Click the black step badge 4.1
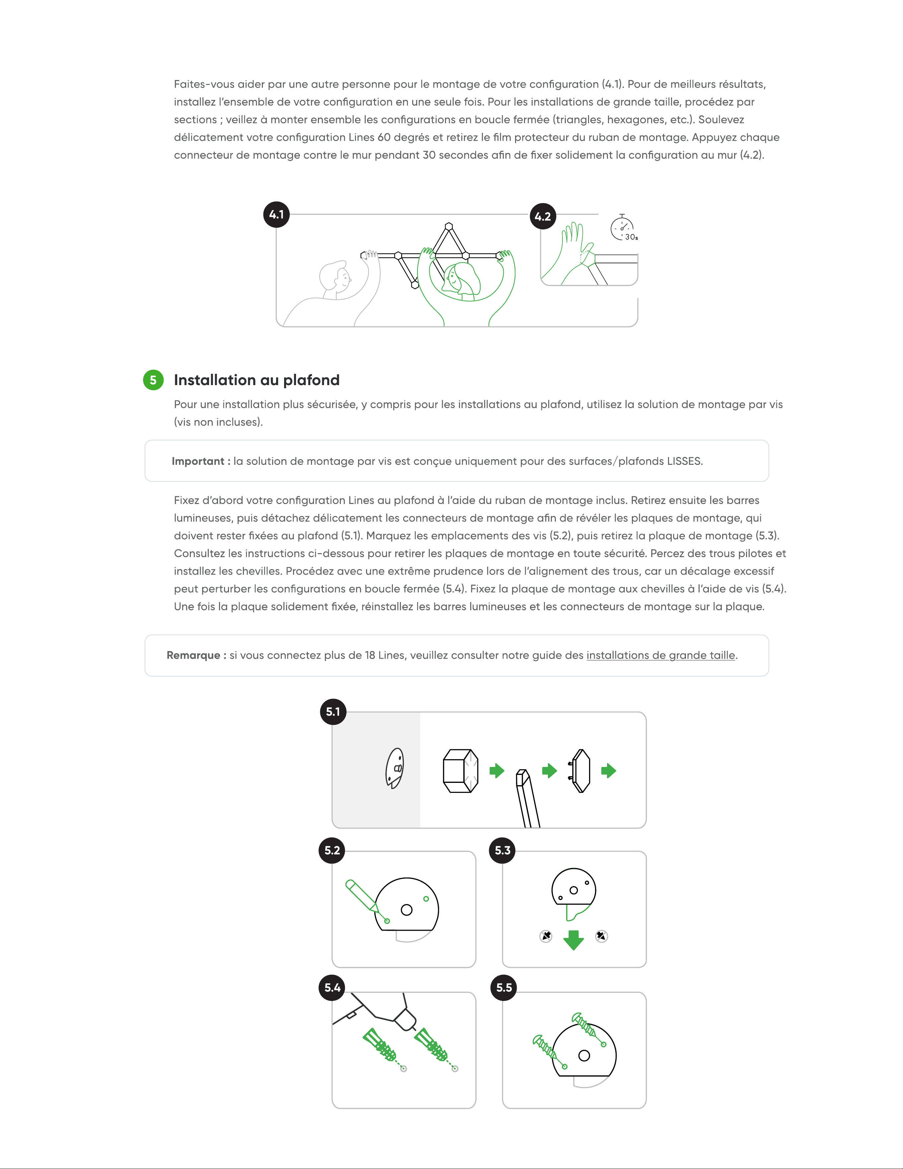pyautogui.click(x=276, y=214)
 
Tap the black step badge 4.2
pyautogui.click(x=543, y=216)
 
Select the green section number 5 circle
pyautogui.click(x=153, y=380)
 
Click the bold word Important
pyautogui.click(x=198, y=461)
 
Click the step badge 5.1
pyautogui.click(x=333, y=712)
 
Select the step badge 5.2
pyautogui.click(x=332, y=851)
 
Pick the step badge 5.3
pyautogui.click(x=502, y=851)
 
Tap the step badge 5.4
pyautogui.click(x=332, y=987)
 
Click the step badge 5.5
pyautogui.click(x=504, y=987)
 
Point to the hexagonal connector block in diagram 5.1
pyautogui.click(x=461, y=771)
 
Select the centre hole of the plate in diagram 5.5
pyautogui.click(x=584, y=1055)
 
